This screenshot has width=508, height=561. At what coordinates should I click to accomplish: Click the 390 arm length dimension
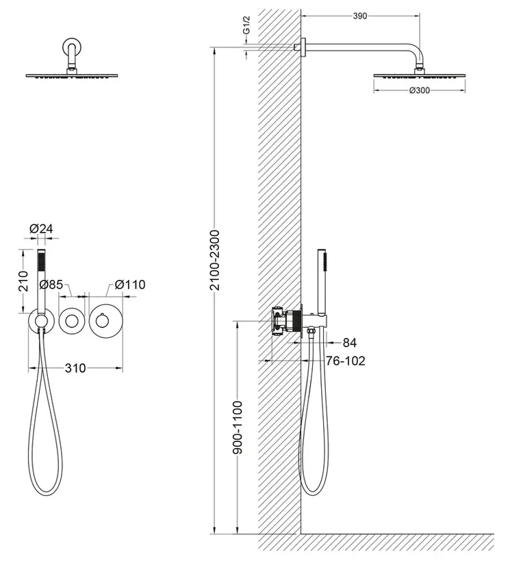pyautogui.click(x=360, y=16)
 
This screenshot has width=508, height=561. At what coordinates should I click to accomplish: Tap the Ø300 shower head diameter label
pyautogui.click(x=420, y=90)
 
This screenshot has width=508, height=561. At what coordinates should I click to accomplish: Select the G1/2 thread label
pyautogui.click(x=246, y=25)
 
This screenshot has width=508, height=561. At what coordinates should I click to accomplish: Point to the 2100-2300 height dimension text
pyautogui.click(x=215, y=260)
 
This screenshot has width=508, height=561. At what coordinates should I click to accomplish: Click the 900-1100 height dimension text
pyautogui.click(x=238, y=428)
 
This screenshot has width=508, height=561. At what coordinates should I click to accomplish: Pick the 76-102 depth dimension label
pyautogui.click(x=346, y=361)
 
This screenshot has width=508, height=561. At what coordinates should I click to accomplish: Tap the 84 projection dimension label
pyautogui.click(x=350, y=343)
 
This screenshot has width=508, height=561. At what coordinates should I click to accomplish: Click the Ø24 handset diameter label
pyautogui.click(x=41, y=229)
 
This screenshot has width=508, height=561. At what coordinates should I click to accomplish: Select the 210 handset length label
pyautogui.click(x=23, y=281)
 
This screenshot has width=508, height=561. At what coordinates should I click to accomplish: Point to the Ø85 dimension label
pyautogui.click(x=51, y=285)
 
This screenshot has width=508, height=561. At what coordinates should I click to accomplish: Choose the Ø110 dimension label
pyautogui.click(x=130, y=285)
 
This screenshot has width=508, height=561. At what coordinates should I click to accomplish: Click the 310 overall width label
pyautogui.click(x=75, y=368)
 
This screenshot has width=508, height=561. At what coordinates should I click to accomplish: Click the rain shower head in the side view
pyautogui.click(x=420, y=76)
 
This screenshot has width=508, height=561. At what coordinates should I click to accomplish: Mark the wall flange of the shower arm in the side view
pyautogui.click(x=303, y=47)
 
